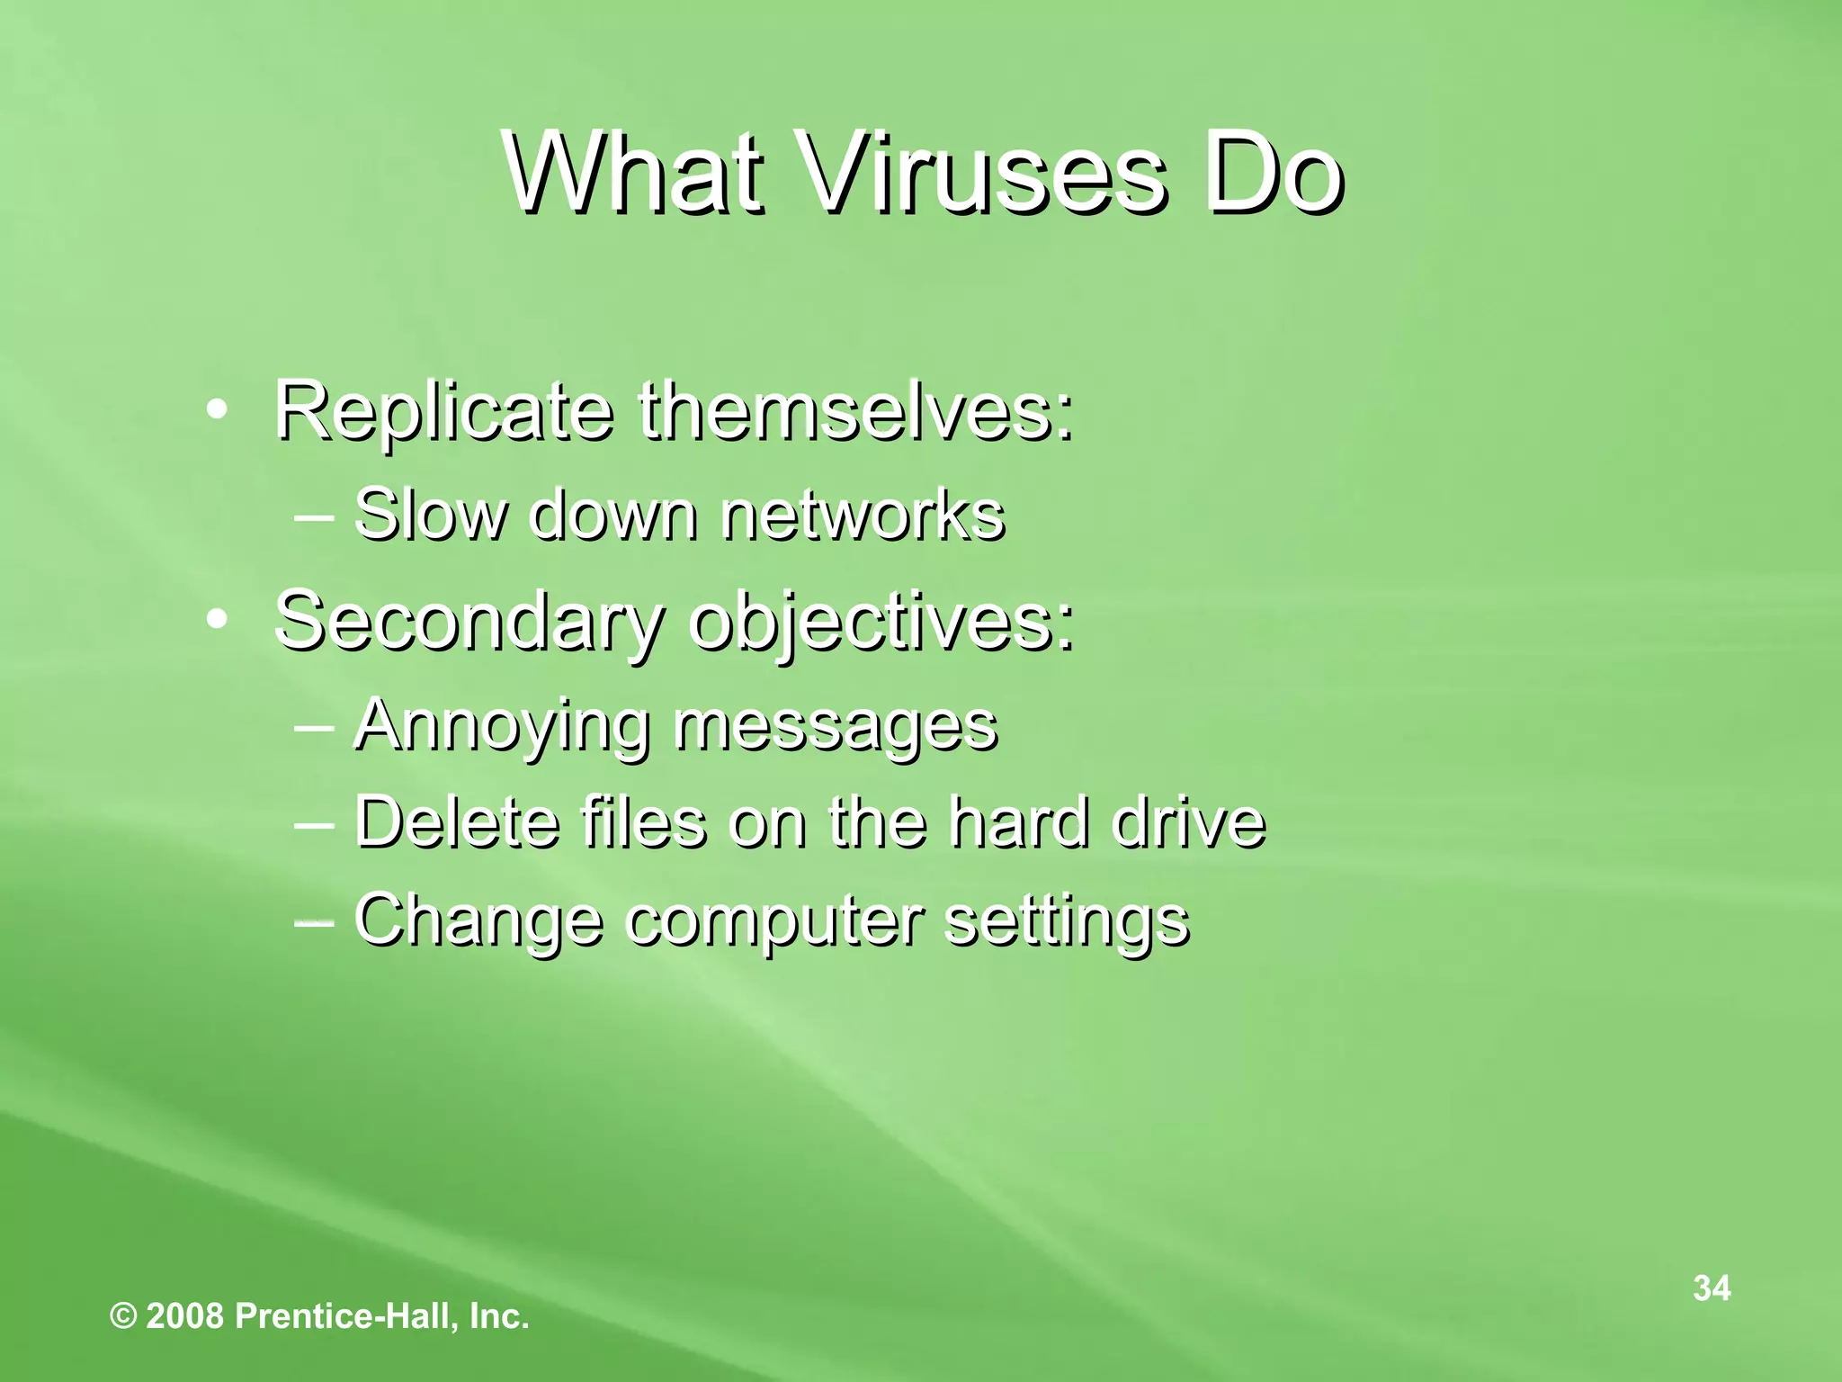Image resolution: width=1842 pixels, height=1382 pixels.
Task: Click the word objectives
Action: click(881, 623)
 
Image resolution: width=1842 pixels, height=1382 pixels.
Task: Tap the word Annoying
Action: click(500, 725)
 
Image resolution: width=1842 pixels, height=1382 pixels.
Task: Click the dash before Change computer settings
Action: click(314, 920)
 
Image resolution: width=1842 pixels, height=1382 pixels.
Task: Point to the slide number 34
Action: click(1712, 1288)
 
